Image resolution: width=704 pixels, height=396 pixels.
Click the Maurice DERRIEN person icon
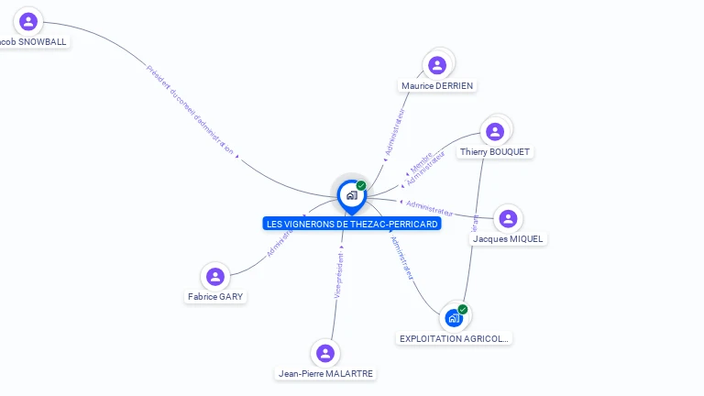coord(437,65)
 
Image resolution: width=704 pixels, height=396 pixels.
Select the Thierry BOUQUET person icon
coord(495,131)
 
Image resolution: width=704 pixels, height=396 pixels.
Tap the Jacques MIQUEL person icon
coord(508,219)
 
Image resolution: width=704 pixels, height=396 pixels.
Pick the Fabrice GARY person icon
coord(215,277)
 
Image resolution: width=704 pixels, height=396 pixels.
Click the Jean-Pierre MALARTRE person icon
coord(324,353)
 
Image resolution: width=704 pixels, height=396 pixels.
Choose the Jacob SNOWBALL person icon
coord(29,21)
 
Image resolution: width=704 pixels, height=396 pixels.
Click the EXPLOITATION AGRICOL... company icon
coord(453,318)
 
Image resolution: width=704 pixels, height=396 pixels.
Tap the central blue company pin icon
coord(351,195)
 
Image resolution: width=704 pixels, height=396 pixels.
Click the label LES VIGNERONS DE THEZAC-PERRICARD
coord(352,224)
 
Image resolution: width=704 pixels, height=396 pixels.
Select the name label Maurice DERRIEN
coord(438,86)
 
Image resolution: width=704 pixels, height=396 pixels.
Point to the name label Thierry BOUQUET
coord(495,152)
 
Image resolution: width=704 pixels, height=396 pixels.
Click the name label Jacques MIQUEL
coord(508,239)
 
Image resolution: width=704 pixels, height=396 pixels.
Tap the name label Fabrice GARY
coord(215,297)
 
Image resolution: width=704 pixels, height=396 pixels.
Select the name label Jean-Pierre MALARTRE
coord(326,374)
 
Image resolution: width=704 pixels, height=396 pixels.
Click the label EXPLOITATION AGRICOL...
coord(454,338)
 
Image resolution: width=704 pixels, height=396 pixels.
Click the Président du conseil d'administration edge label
coord(191,110)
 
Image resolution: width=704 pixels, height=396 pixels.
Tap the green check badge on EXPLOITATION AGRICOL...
coord(463,309)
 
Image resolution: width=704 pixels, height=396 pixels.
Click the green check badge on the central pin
coord(361,185)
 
